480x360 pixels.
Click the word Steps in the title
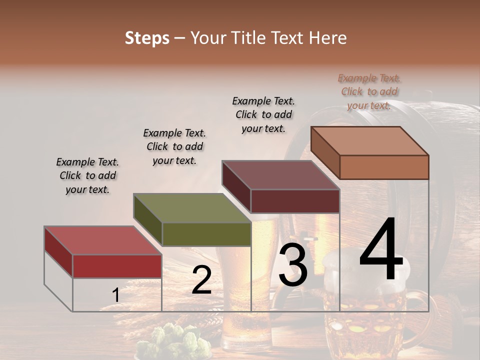[x=147, y=38]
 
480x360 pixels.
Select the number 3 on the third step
[x=293, y=266]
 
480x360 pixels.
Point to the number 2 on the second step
[x=201, y=280]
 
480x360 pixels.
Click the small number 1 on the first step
[x=115, y=295]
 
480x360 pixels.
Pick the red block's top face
[x=102, y=240]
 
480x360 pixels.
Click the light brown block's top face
[x=369, y=140]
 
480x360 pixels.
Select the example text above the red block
[x=87, y=175]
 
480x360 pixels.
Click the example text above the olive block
[x=174, y=146]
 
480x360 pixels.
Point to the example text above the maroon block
[x=263, y=114]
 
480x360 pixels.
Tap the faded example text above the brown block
[x=369, y=91]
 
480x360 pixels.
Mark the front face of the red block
[x=117, y=266]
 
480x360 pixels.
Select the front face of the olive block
[x=206, y=234]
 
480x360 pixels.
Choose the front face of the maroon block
[x=295, y=201]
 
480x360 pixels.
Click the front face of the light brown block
[x=384, y=167]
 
